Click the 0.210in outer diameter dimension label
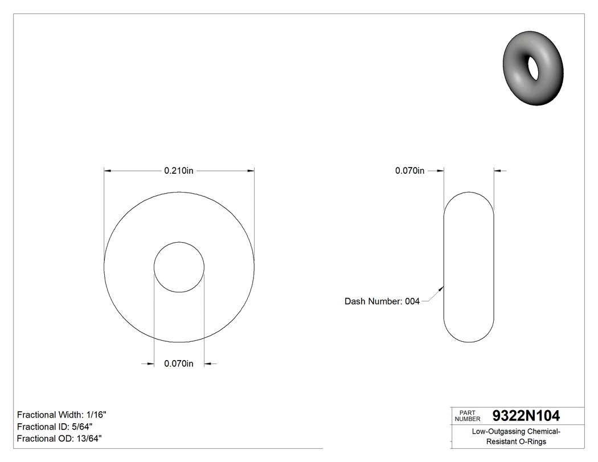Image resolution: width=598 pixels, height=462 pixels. (179, 170)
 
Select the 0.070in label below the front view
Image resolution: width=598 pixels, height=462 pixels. (179, 364)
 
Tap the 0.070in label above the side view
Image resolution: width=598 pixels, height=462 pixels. (410, 170)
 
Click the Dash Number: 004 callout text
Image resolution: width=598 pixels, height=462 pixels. (382, 301)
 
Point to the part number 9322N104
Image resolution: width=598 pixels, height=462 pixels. (526, 416)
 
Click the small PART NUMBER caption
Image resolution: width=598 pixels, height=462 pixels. (467, 416)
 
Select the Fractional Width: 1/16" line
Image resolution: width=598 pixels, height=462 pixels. (62, 415)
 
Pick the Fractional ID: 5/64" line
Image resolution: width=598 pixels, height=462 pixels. (55, 427)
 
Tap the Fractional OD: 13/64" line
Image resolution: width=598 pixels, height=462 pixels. (59, 438)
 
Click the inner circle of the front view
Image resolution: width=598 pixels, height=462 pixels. (179, 267)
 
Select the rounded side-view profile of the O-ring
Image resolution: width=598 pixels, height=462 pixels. (469, 267)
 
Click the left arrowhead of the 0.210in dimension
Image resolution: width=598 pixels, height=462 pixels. (107, 170)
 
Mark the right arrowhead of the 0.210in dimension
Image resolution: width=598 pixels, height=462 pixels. (251, 170)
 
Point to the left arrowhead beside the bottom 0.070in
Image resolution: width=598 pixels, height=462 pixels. (151, 364)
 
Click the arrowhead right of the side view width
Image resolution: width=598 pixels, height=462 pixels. (497, 170)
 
